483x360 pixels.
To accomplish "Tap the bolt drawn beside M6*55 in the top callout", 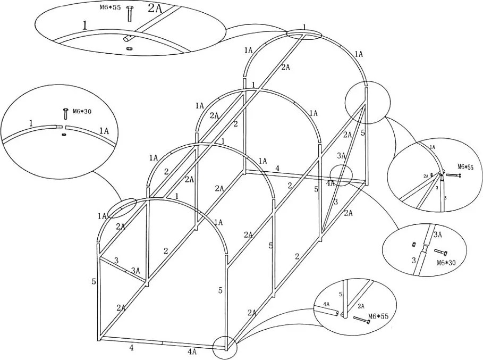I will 129,14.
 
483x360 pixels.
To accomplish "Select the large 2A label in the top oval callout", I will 156,9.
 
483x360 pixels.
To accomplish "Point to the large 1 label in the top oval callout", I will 85,24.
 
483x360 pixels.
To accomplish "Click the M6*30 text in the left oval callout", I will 81,112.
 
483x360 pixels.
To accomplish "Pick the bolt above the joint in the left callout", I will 65,113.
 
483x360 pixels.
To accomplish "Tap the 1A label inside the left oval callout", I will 104,130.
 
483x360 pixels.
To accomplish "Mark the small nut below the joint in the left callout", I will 64,135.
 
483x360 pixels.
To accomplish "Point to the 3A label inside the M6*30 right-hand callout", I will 438,235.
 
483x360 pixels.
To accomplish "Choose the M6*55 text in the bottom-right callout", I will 379,317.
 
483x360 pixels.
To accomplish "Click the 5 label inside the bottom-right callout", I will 340,293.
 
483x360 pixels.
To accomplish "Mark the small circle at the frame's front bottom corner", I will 223,348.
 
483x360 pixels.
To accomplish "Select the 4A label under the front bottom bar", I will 192,352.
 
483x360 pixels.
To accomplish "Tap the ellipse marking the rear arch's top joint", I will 303,34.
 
